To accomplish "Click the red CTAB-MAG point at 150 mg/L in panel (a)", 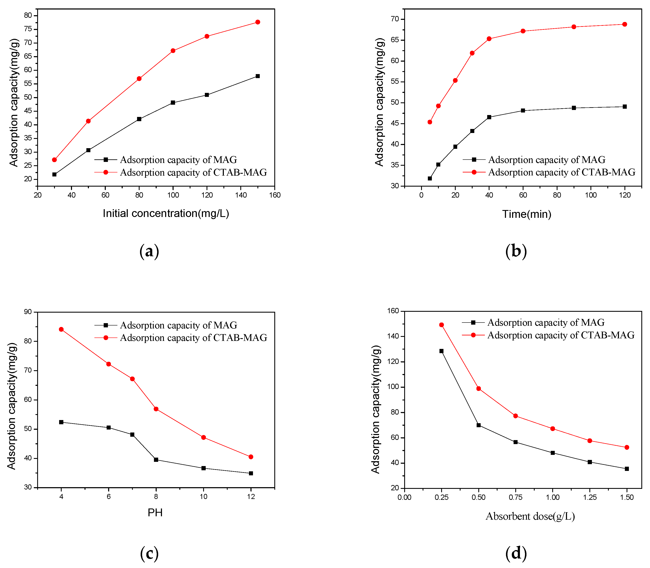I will (257, 22).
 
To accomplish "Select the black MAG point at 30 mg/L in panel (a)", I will (54, 174).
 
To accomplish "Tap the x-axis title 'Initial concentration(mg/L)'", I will (166, 213).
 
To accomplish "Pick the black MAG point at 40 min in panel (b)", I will (489, 117).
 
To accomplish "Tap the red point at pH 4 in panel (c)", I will (61, 329).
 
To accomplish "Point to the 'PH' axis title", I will (155, 512).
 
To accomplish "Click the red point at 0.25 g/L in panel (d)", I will (441, 325).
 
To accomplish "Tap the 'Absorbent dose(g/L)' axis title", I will (530, 516).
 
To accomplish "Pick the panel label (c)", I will (149, 553).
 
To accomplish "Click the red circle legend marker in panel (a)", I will (106, 172).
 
